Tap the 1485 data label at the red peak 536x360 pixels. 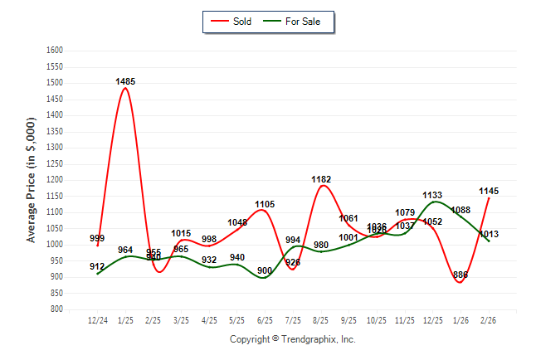click(125, 81)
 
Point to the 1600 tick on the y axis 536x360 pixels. click(54, 51)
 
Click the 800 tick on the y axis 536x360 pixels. click(56, 309)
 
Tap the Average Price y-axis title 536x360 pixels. click(32, 178)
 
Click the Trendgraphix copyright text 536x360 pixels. click(292, 339)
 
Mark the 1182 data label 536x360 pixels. click(321, 179)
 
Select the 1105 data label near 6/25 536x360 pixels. click(265, 204)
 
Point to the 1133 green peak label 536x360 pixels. click(432, 196)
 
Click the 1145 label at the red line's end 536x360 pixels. click(489, 191)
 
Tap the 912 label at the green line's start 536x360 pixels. click(97, 266)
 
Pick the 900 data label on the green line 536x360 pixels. click(265, 270)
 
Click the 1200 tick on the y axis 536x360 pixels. click(54, 180)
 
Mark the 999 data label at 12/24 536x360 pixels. click(97, 239)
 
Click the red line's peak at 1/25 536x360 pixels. click(125, 89)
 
